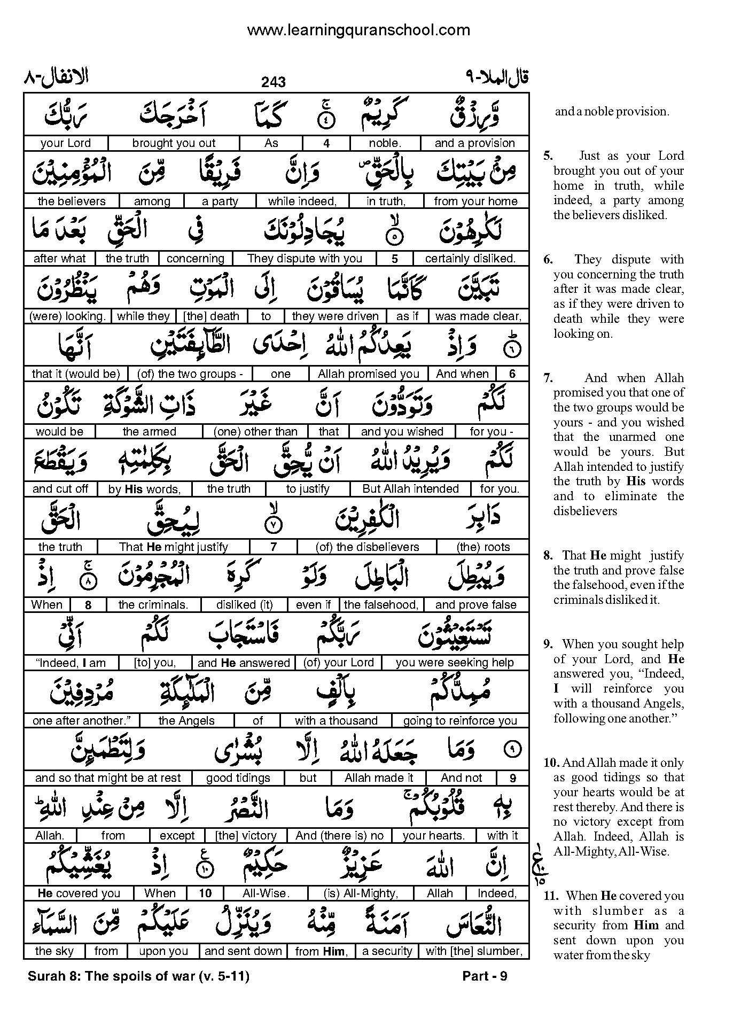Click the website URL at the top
pos(358,30)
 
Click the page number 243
pos(274,82)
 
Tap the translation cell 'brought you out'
pos(174,143)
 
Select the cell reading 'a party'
pos(220,201)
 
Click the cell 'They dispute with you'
pos(305,259)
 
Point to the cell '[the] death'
pos(211,316)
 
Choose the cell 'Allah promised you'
pos(369,374)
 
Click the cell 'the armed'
pos(149,432)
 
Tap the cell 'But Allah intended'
pos(410,489)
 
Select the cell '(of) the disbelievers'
pos(367,547)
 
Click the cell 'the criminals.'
pos(153,605)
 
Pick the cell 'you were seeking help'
pos(455,663)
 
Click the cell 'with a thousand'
pos(336,720)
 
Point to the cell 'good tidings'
pos(238,778)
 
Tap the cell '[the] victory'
pos(246,836)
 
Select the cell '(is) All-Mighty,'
pos(361,893)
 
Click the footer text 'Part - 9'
pos(485,976)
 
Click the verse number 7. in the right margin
pos(548,378)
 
